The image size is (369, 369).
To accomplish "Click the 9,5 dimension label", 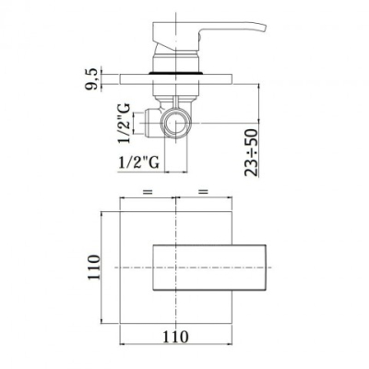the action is pos(91,79).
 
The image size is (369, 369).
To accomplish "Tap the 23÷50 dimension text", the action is pos(251,152).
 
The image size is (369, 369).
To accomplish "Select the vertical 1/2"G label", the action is pos(124,124).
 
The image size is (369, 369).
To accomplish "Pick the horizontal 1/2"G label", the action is pos(139,162).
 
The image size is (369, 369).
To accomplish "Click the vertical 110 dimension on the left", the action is pos(94,267).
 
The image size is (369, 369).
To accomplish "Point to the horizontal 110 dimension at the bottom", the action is pos(175,337).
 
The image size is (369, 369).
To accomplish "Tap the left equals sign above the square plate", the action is pos(148,192).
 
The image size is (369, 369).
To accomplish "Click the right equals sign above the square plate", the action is pos(203,192).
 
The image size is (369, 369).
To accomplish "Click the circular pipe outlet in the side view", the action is pos(175,123).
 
